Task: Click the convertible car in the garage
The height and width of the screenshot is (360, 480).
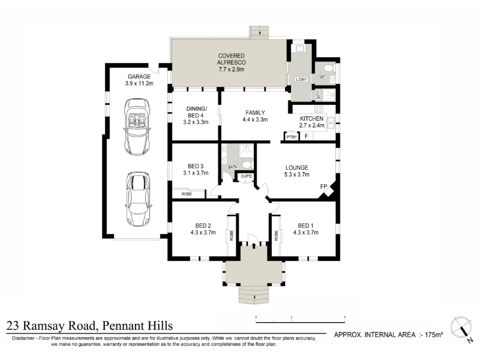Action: click(x=137, y=127)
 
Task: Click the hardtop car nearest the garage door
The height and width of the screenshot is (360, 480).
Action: click(x=139, y=199)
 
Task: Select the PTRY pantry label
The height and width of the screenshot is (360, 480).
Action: click(x=292, y=137)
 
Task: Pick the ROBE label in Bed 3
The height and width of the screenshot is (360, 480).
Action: click(x=187, y=194)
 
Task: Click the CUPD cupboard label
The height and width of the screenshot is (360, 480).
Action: click(x=247, y=176)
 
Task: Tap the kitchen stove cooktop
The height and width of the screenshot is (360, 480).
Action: click(x=319, y=109)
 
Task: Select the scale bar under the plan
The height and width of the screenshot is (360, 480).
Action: click(x=301, y=322)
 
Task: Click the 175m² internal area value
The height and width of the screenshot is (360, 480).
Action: click(x=434, y=335)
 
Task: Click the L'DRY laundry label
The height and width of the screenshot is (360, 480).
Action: click(x=301, y=80)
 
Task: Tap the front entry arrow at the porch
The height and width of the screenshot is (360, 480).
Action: click(x=254, y=246)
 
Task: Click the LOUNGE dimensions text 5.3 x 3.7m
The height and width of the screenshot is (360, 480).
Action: click(x=296, y=175)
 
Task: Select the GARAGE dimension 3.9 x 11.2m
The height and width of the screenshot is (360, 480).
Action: click(x=139, y=83)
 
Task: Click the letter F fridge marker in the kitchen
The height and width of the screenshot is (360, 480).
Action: click(x=306, y=136)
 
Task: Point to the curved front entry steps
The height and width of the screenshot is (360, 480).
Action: click(x=254, y=295)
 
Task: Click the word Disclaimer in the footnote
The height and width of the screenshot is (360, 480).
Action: click(x=23, y=338)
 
